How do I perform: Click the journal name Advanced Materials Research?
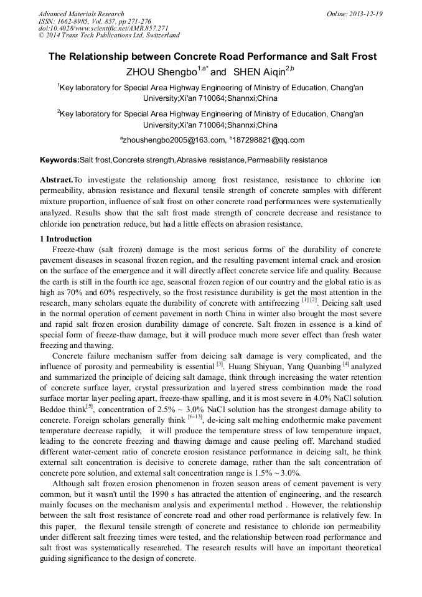click(x=81, y=14)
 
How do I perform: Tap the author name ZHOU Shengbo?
click(x=161, y=72)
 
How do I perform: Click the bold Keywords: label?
click(x=60, y=160)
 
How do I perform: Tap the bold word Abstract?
click(x=57, y=179)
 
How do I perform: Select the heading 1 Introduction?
click(x=66, y=239)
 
